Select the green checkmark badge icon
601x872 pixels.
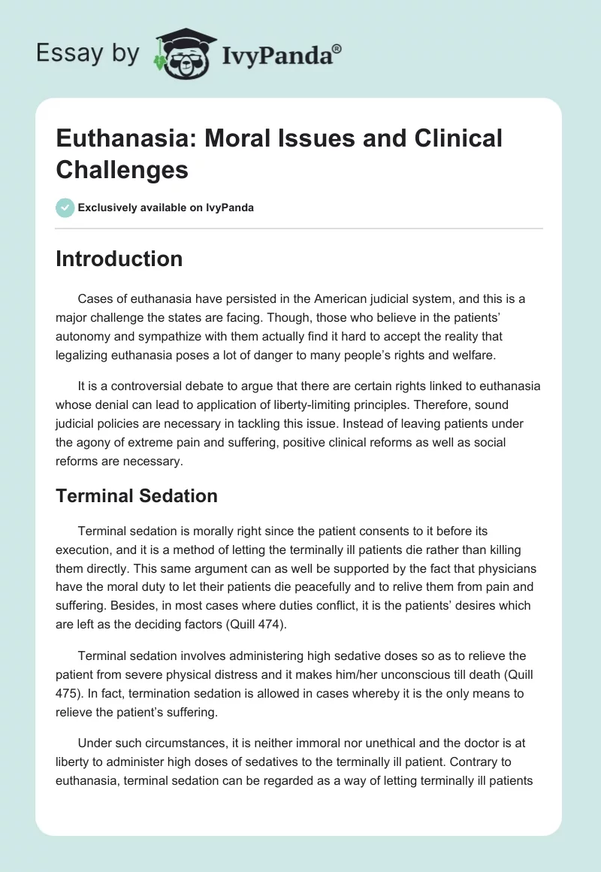(65, 207)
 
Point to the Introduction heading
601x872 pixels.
(119, 259)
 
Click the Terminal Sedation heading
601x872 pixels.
(137, 495)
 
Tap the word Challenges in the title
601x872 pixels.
(122, 169)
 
